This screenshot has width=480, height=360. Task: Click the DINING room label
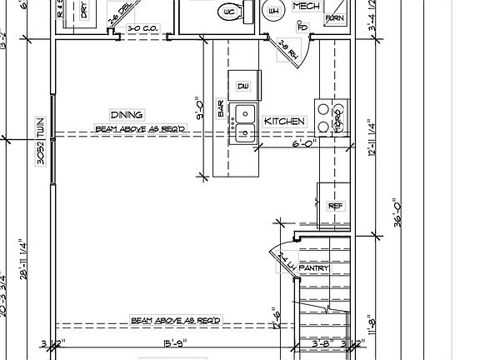click(127, 114)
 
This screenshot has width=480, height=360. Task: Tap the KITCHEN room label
click(285, 122)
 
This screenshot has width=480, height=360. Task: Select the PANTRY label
click(313, 267)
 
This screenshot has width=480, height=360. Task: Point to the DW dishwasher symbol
click(243, 86)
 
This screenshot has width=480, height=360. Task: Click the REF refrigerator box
click(336, 206)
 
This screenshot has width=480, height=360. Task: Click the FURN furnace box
click(334, 17)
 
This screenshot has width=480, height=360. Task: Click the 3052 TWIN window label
click(39, 142)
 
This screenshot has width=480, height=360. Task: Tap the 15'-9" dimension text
click(173, 342)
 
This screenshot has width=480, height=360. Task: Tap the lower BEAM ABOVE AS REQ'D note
click(174, 321)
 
